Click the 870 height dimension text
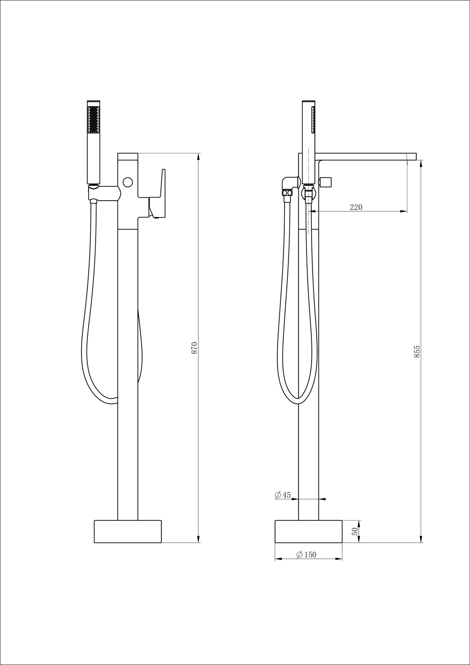coord(195,347)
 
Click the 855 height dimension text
coord(417,351)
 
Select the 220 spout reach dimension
coord(356,207)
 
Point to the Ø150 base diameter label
coord(306,554)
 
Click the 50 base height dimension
coord(355,531)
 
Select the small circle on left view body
coord(128,182)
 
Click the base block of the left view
coord(128,531)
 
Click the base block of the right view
coord(308,531)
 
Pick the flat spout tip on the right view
coord(412,156)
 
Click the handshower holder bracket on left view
coord(103,193)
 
